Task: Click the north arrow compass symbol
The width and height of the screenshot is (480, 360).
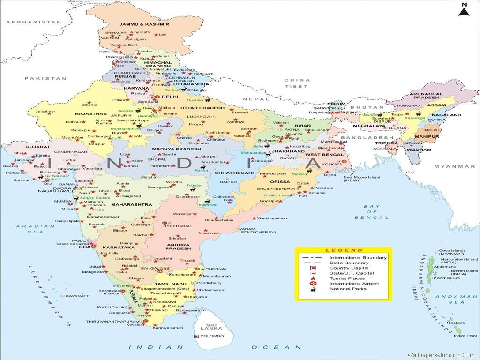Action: (x=464, y=10)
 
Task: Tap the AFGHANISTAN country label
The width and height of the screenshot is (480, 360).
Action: (x=34, y=22)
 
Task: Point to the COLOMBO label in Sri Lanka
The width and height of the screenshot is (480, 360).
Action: (x=210, y=336)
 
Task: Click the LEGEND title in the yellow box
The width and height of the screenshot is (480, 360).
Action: (x=344, y=250)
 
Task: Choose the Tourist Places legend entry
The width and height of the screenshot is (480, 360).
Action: (x=347, y=278)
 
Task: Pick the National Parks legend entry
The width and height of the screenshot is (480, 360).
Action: (x=348, y=289)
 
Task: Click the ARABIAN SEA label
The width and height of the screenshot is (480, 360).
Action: (x=29, y=229)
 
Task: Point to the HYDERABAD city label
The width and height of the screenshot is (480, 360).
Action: (x=177, y=226)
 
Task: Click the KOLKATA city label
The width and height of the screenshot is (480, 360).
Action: (x=332, y=165)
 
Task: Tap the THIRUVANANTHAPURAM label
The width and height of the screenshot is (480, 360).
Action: (x=113, y=322)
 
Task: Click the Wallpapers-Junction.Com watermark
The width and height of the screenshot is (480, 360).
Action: (x=441, y=356)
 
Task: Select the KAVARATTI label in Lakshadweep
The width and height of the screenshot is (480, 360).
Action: (x=78, y=296)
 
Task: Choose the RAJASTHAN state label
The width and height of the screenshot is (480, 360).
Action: (x=91, y=113)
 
